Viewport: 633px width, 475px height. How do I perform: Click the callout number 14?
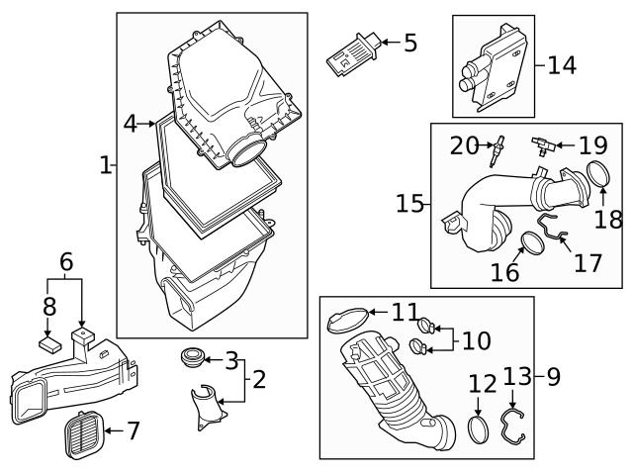(561, 65)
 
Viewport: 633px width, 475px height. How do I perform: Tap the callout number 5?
(409, 43)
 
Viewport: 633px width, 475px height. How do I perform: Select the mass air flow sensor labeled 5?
(349, 52)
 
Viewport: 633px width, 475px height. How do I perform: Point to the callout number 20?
(464, 146)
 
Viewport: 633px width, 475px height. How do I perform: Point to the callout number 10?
(476, 341)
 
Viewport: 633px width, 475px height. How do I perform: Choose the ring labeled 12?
(478, 430)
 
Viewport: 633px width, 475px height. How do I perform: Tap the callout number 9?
(553, 376)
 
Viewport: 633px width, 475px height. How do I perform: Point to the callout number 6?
(66, 262)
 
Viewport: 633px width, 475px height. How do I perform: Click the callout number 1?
(106, 165)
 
